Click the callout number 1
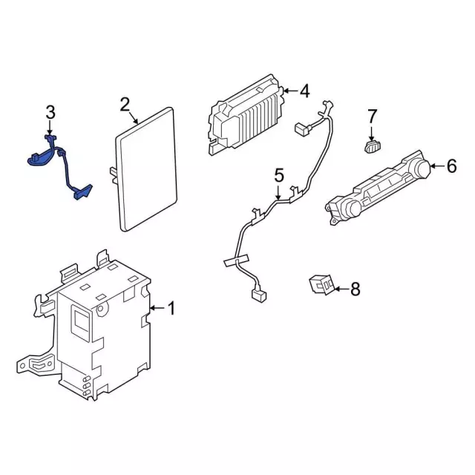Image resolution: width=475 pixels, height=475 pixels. point(171,308)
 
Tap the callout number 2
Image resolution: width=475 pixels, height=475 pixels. point(125,105)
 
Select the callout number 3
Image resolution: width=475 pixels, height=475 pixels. point(50,113)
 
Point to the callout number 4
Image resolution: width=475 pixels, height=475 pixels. point(304,91)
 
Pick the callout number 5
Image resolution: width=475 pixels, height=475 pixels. point(279,176)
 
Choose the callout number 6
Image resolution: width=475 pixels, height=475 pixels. point(452,167)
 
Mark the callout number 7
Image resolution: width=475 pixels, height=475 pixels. point(373,116)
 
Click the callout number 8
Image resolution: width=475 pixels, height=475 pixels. point(355,289)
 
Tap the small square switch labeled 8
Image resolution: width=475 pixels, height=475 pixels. point(321,284)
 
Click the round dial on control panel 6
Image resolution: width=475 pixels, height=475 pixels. point(421,169)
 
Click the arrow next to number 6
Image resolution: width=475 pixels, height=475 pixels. point(437,167)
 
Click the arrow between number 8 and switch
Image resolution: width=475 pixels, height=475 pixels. point(340,289)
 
